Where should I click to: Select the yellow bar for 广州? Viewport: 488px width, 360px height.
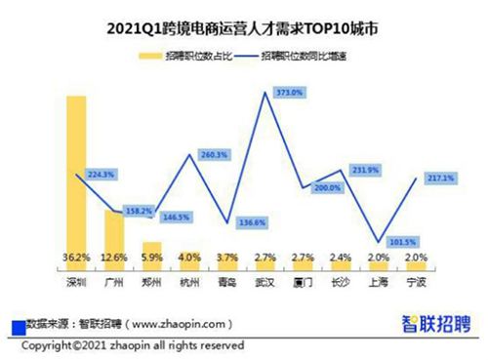click(114, 234)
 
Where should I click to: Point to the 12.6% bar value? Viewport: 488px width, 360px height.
click(114, 260)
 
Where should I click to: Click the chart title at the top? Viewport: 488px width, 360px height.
click(244, 29)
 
